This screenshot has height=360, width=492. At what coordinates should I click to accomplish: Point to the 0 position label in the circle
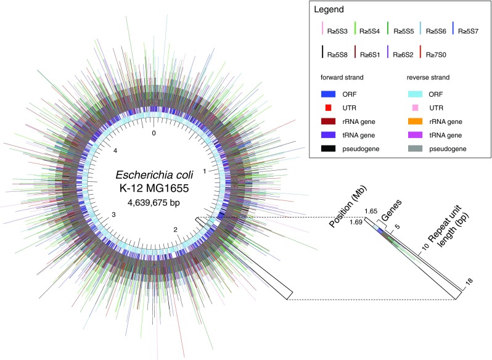(154, 133)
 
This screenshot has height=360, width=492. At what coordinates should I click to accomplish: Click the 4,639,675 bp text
(154, 201)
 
